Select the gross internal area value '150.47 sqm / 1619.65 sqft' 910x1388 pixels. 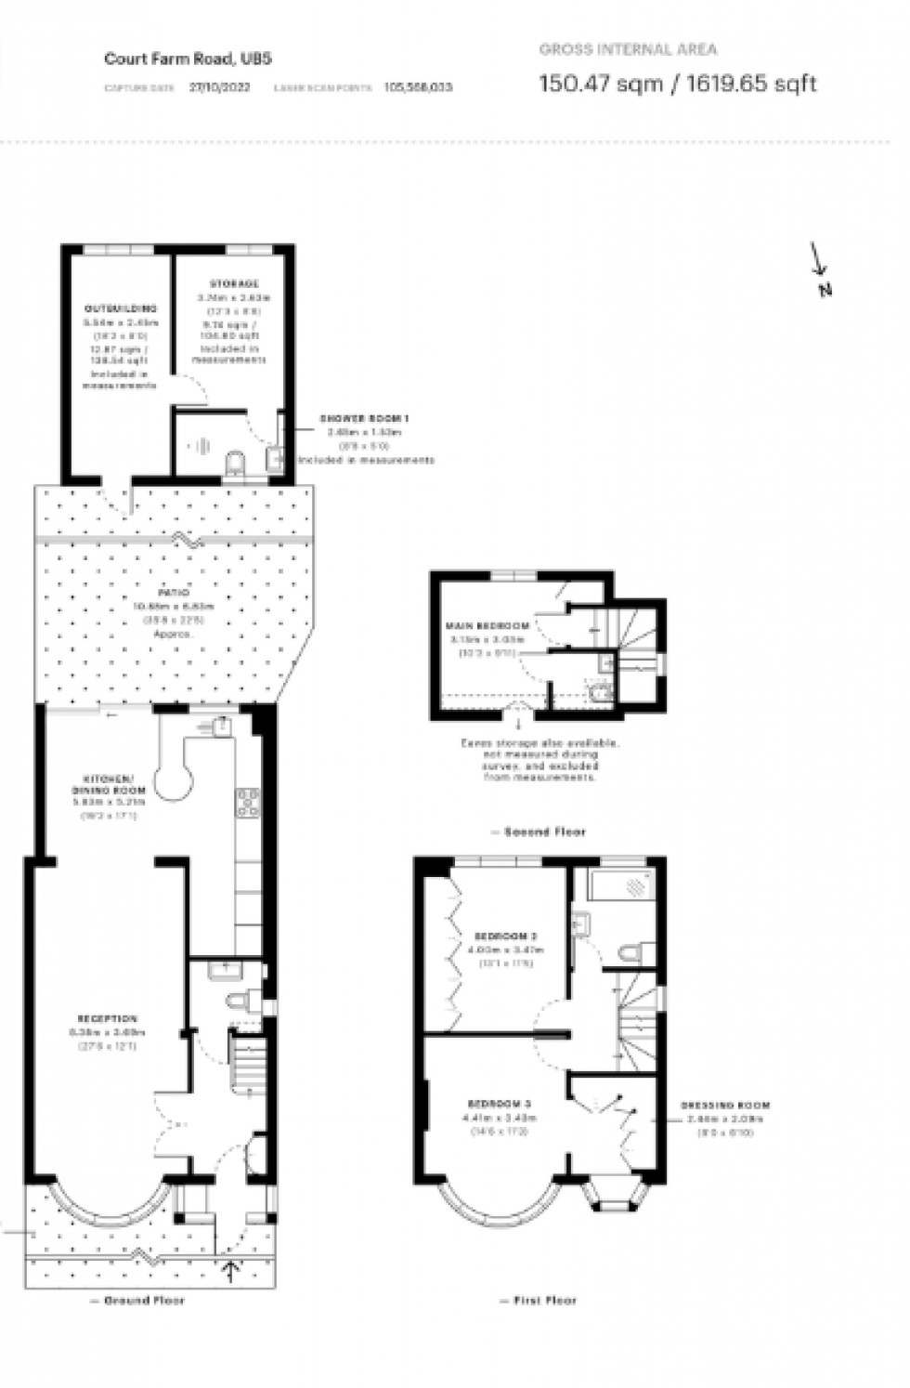click(678, 84)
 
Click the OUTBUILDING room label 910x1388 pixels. click(122, 308)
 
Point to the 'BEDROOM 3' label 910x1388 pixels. click(500, 1104)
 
